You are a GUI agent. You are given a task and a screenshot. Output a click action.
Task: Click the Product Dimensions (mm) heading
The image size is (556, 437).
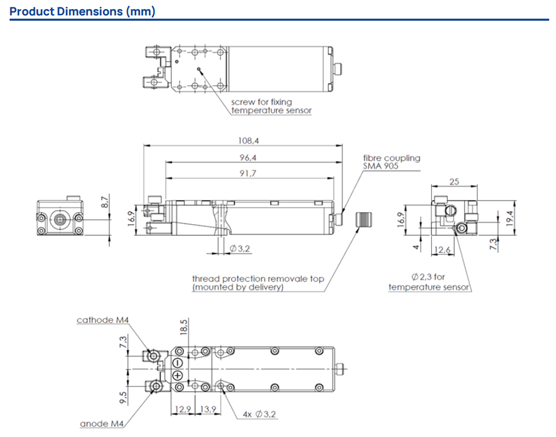coord(82,11)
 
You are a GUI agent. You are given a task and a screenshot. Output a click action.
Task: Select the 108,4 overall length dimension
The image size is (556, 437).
coord(245,140)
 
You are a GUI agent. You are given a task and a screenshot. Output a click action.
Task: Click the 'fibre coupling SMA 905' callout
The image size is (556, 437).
coord(391,162)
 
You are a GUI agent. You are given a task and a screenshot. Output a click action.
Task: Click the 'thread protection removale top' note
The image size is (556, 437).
coord(258,283)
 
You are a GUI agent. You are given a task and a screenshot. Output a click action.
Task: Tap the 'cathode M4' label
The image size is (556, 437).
coord(103,320)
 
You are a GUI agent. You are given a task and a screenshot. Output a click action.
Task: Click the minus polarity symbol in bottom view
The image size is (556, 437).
coord(178,363)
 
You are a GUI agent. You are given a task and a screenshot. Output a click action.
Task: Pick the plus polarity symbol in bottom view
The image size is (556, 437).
coord(178,376)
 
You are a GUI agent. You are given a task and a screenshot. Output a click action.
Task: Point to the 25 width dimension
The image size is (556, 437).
coord(454,182)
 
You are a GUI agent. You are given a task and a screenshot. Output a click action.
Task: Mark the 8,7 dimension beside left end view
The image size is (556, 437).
coord(104,201)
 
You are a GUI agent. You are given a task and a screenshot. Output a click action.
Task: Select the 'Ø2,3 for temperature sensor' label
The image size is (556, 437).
coord(429,282)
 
